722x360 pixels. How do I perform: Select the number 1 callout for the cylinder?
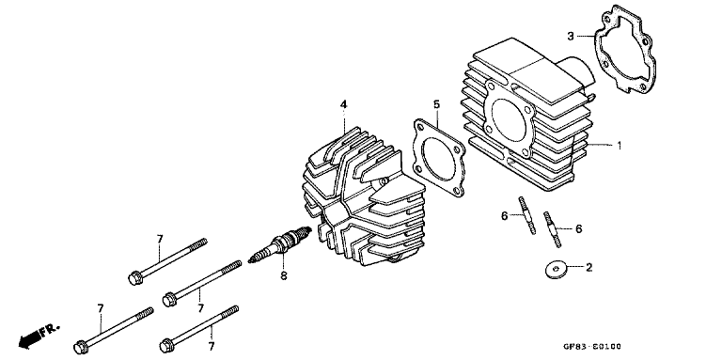[x=619, y=146]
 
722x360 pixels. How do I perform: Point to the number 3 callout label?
[x=570, y=37]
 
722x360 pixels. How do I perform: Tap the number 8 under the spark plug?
[x=281, y=275]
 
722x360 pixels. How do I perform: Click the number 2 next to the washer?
[x=589, y=268]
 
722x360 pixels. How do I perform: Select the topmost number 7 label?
[x=160, y=239]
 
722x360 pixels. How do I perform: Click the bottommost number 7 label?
[x=211, y=346]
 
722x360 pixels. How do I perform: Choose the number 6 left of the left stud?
[x=504, y=215]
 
